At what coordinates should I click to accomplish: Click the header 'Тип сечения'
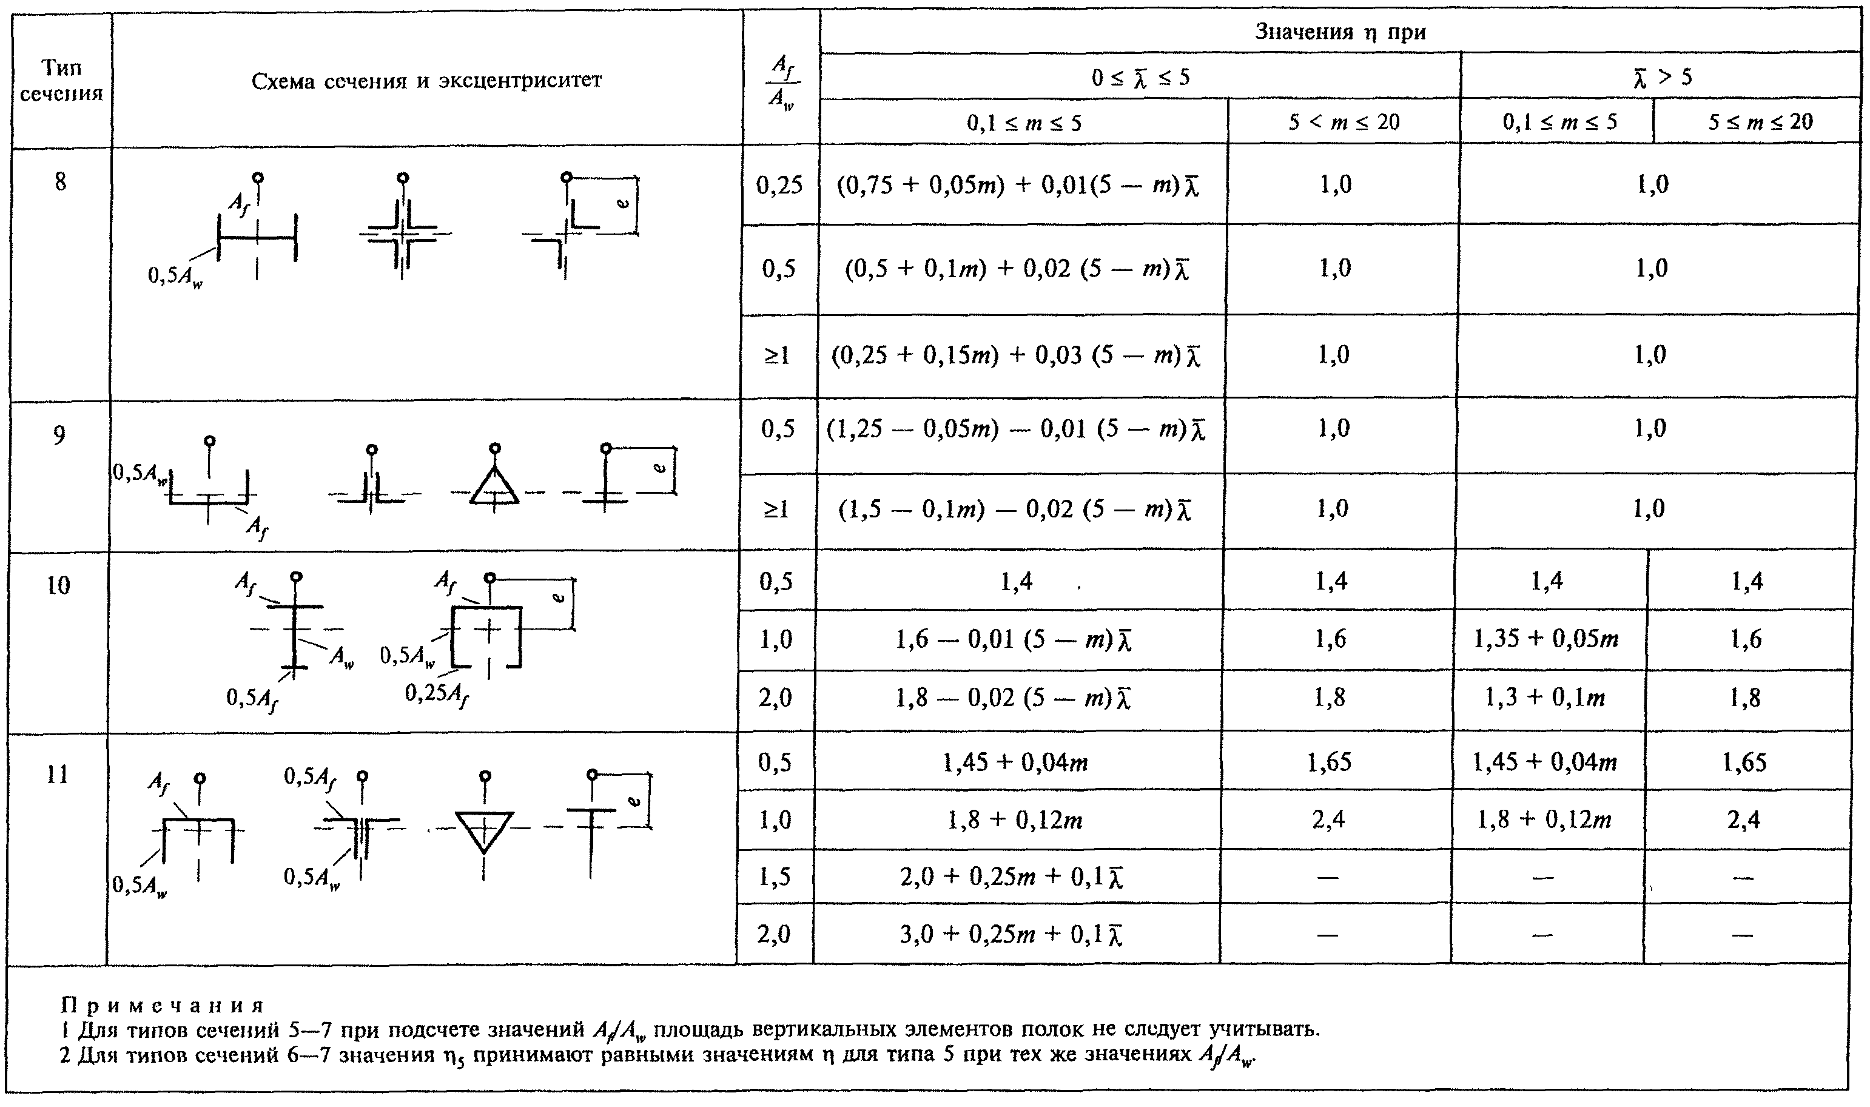tap(61, 81)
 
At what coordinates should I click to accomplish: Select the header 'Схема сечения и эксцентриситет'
tap(426, 81)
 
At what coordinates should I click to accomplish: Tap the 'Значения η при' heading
tap(1340, 32)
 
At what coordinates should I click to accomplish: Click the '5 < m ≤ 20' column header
tap(1344, 121)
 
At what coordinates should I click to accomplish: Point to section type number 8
tap(61, 181)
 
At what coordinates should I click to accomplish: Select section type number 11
tap(58, 775)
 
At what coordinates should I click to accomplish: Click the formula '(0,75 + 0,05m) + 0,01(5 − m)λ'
tap(1018, 185)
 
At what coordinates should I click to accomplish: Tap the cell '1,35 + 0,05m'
tap(1546, 639)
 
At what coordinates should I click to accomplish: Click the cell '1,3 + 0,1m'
tap(1545, 698)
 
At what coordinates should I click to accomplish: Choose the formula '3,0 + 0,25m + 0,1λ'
tap(1012, 935)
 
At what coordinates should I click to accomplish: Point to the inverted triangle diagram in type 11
tap(483, 830)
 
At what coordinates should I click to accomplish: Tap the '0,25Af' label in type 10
tap(437, 695)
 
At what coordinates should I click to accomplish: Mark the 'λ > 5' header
tap(1661, 76)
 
